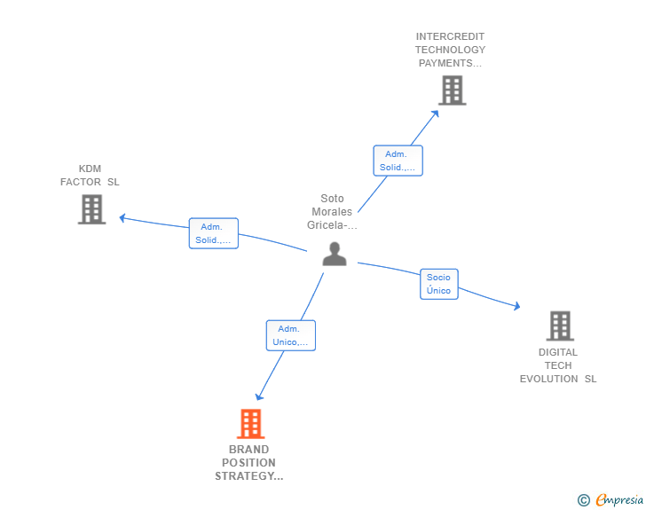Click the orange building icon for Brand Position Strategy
pyautogui.click(x=251, y=424)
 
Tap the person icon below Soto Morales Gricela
pyautogui.click(x=334, y=254)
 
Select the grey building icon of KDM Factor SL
pyautogui.click(x=91, y=209)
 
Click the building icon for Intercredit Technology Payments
pyautogui.click(x=452, y=90)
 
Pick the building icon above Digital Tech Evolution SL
pyautogui.click(x=559, y=326)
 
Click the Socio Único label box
pyautogui.click(x=438, y=284)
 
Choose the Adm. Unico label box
pyautogui.click(x=290, y=335)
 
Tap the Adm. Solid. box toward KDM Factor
pyautogui.click(x=213, y=233)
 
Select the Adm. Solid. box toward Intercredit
pyautogui.click(x=397, y=161)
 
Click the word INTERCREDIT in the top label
pyautogui.click(x=450, y=37)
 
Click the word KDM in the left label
pyautogui.click(x=90, y=169)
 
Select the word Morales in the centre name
pyautogui.click(x=332, y=212)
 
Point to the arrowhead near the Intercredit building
pyautogui.click(x=435, y=113)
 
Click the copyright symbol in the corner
pyautogui.click(x=583, y=500)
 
